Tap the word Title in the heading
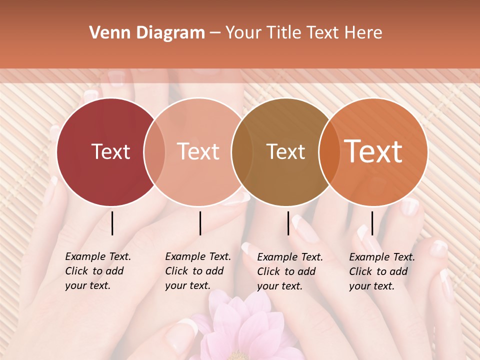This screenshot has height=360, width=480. click(283, 33)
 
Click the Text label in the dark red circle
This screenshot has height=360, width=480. click(110, 151)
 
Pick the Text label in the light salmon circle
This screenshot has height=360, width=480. click(198, 151)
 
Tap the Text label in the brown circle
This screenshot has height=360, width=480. click(285, 151)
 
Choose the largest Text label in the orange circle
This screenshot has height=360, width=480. click(373, 151)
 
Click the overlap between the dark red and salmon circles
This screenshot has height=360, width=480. click(154, 151)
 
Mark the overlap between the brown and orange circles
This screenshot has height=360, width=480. click(328, 151)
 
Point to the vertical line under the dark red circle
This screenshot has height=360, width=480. click(112, 223)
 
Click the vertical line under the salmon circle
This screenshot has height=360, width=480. click(200, 223)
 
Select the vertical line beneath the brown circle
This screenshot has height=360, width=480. click(288, 223)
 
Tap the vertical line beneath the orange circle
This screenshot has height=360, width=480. click(372, 223)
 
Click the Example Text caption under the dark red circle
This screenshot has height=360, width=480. click(97, 271)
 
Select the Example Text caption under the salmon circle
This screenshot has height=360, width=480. click(197, 271)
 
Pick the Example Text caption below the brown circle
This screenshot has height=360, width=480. click(289, 271)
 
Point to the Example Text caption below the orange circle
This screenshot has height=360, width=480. click(381, 271)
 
